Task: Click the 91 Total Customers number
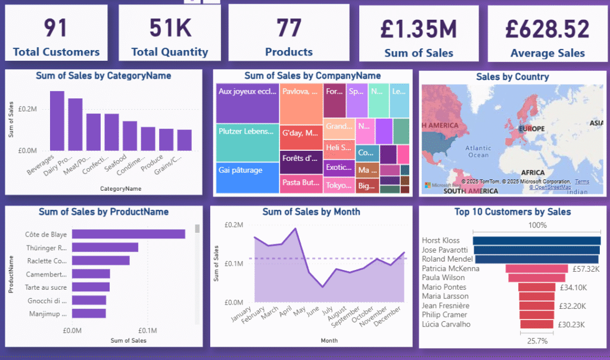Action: click(x=56, y=28)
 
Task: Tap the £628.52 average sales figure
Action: click(x=547, y=29)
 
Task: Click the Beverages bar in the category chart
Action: click(x=57, y=121)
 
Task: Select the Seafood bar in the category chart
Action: click(x=130, y=135)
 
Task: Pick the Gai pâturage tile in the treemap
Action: click(x=247, y=178)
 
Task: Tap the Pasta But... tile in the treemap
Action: click(x=301, y=184)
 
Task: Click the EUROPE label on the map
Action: click(x=531, y=128)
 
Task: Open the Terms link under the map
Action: click(x=581, y=181)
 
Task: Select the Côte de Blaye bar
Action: click(x=128, y=234)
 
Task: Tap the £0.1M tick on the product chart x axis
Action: click(x=147, y=331)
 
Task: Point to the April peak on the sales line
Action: click(x=295, y=228)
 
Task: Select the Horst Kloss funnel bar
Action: click(x=536, y=240)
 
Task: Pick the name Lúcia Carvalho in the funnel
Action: click(x=446, y=324)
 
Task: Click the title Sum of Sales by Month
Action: click(x=311, y=212)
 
